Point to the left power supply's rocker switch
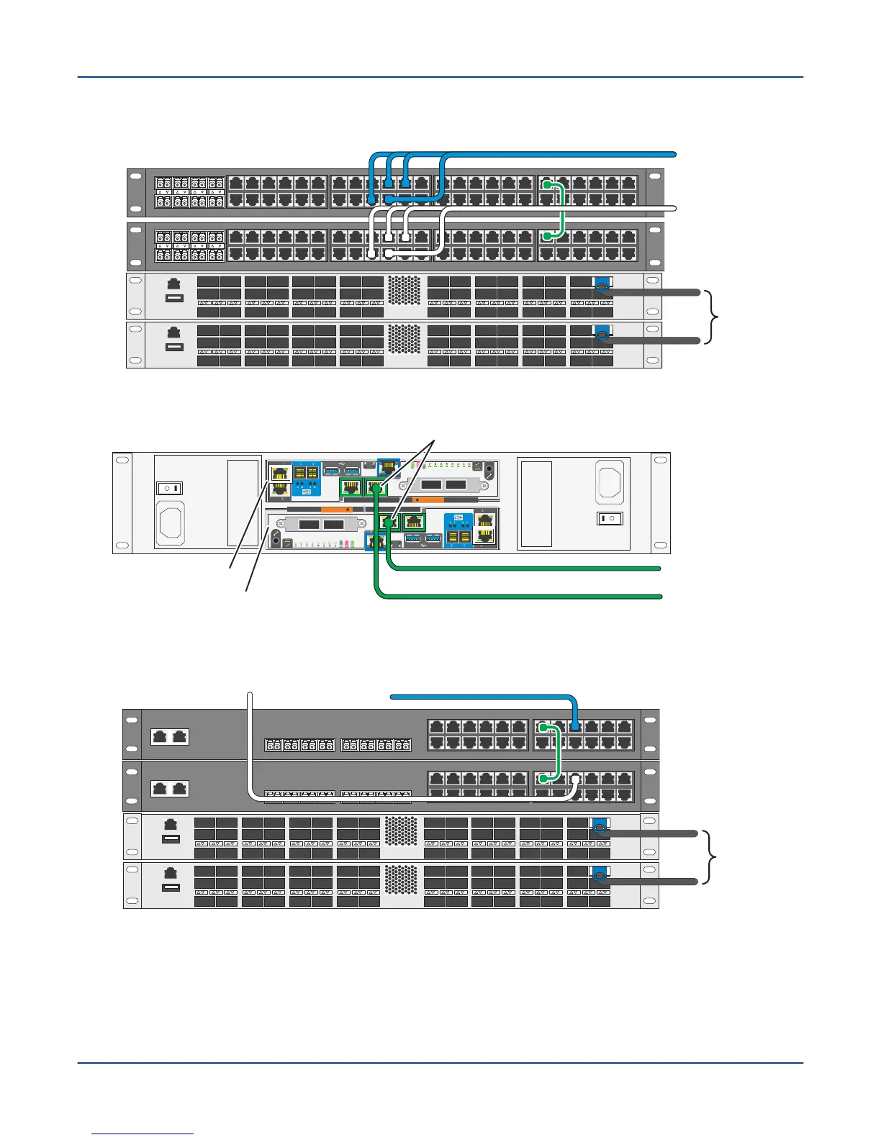(x=170, y=488)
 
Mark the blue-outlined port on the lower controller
(x=374, y=540)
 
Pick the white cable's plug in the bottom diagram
(x=575, y=779)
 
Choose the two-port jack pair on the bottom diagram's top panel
(x=170, y=736)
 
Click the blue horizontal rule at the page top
(x=440, y=77)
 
